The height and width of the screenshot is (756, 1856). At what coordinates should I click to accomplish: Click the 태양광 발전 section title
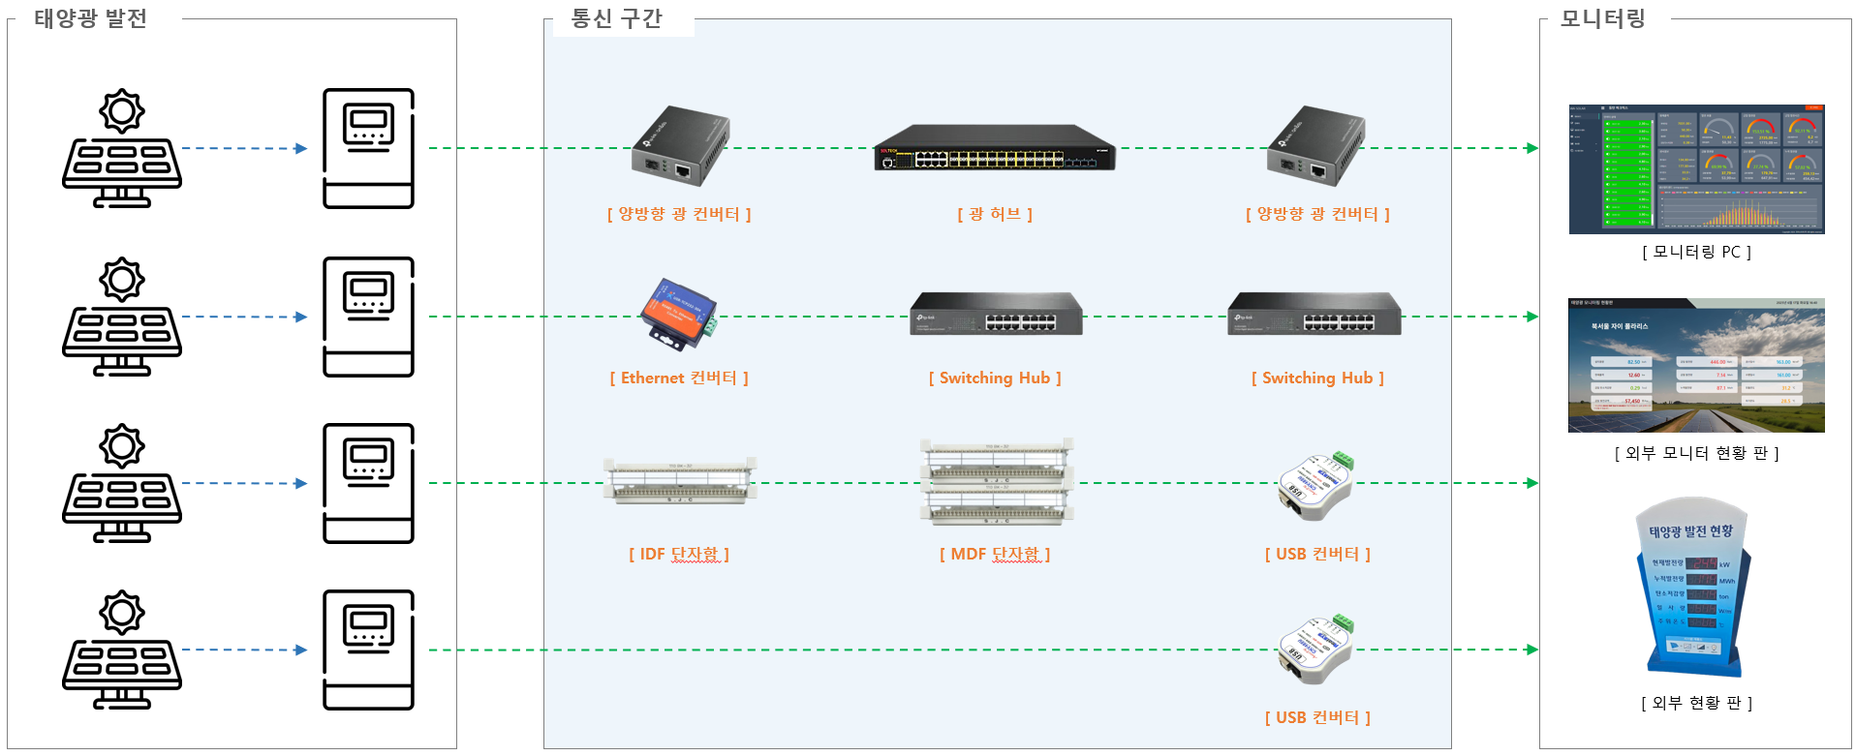tap(90, 19)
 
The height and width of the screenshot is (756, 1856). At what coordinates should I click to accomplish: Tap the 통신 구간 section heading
tap(616, 19)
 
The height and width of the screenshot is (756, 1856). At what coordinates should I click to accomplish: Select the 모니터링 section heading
tap(1602, 19)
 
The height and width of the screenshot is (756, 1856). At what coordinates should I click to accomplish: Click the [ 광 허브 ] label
tap(995, 214)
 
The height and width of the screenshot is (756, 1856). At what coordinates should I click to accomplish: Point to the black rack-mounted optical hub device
tap(995, 148)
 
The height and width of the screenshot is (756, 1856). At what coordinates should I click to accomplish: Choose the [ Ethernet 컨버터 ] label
tap(679, 378)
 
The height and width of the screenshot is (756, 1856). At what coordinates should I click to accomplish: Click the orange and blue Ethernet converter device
tap(678, 313)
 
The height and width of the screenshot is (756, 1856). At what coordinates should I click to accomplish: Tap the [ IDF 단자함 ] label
tap(679, 555)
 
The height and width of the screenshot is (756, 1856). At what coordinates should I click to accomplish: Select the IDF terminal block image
tap(679, 481)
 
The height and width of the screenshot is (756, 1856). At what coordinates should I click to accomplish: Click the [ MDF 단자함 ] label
tap(995, 555)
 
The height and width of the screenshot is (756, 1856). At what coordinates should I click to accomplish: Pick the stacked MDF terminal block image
tap(996, 482)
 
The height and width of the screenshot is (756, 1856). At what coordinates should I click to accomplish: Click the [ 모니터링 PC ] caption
tap(1696, 253)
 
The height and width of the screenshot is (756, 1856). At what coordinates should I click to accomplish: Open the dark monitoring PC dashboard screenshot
tap(1696, 169)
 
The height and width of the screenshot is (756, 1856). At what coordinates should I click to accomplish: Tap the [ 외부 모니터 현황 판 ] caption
tap(1696, 453)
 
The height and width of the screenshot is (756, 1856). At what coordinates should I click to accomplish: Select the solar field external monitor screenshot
tap(1696, 365)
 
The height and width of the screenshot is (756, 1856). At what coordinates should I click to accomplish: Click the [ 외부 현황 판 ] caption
tap(1696, 703)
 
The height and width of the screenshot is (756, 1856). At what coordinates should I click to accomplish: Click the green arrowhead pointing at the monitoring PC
tap(1531, 148)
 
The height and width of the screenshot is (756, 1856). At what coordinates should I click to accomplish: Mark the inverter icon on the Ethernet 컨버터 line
tap(368, 317)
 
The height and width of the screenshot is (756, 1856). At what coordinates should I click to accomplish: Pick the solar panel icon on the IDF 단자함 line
tap(122, 483)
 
